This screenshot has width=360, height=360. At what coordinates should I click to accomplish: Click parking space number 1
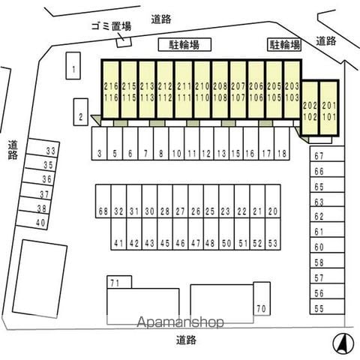point(73,66)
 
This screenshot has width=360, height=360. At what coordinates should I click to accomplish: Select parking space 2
point(80,112)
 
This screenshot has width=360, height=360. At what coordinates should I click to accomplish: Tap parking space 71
point(119,282)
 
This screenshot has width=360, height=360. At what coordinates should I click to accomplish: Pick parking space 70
point(262,298)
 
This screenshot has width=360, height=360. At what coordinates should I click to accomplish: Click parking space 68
point(103,201)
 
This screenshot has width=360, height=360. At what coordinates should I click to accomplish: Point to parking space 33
point(43,148)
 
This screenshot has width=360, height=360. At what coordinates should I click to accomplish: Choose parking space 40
point(32,220)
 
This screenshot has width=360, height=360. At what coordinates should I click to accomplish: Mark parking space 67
point(327,154)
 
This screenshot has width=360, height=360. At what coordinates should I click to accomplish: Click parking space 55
point(327,307)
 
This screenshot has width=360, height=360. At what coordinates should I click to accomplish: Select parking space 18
point(282,143)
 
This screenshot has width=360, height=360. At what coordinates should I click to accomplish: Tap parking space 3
point(99,143)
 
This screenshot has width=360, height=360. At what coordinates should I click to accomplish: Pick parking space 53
point(273,234)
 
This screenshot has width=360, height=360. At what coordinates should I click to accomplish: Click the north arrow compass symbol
point(343,343)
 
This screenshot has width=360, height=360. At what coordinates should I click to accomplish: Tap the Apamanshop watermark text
point(180,322)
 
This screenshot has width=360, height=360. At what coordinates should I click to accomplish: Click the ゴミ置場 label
point(111,26)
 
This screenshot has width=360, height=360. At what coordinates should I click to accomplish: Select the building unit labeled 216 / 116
point(111,89)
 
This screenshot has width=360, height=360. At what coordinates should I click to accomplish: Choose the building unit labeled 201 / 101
point(329,108)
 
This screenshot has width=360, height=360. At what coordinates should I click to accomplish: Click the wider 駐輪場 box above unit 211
point(184,45)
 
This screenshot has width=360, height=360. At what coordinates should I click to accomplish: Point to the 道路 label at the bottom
point(186,340)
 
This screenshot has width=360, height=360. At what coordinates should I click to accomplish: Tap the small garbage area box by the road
point(124,42)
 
